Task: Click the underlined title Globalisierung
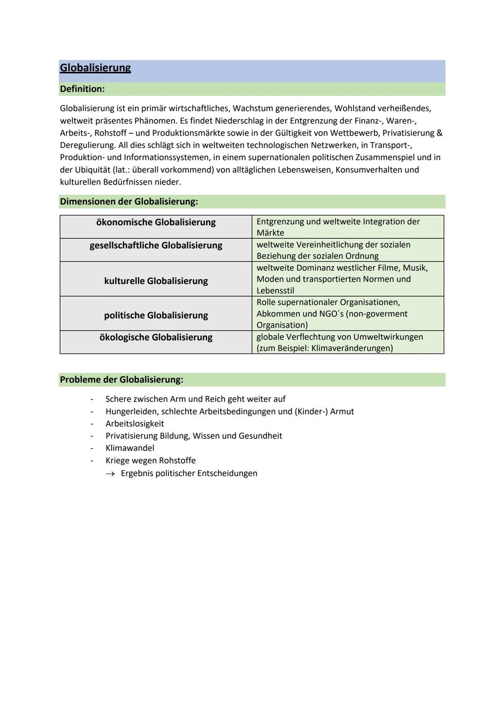pos(95,68)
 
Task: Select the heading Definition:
pos(82,89)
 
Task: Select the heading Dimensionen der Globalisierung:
pos(129,201)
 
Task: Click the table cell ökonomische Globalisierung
pos(156,222)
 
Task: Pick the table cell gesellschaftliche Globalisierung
pos(156,245)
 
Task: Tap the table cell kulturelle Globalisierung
pos(156,281)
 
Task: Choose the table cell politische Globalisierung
pos(156,315)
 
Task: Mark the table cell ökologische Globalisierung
pos(156,337)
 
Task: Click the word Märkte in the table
pos(270,233)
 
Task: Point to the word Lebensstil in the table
pos(275,290)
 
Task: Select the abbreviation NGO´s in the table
pos(329,314)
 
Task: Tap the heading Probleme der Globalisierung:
pos(121,380)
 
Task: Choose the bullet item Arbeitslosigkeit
pos(134,423)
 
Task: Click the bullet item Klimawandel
pos(130,448)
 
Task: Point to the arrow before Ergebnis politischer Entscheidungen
pos(110,474)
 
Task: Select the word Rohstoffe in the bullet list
pos(177,460)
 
